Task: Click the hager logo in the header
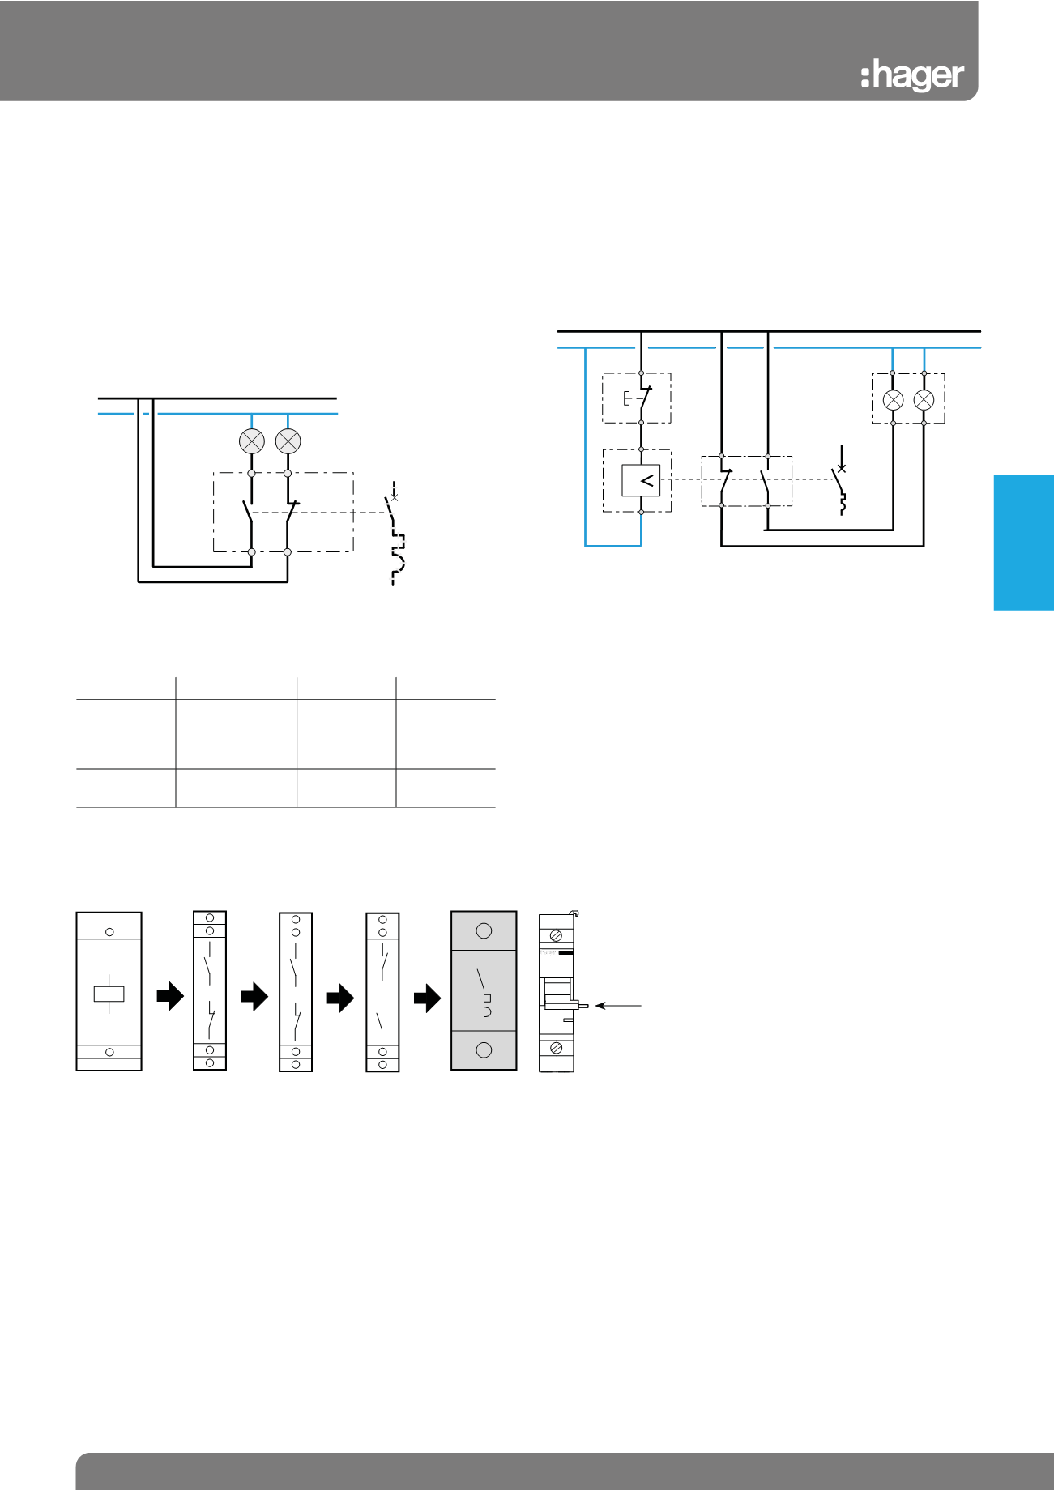(x=912, y=76)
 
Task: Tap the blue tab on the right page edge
(x=1024, y=543)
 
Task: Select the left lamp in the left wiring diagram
(x=252, y=441)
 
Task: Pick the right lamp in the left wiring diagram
(x=288, y=441)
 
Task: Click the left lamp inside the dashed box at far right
(x=893, y=399)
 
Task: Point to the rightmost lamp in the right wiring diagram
(x=924, y=399)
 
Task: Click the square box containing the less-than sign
(x=641, y=481)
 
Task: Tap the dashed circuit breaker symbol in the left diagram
(x=395, y=534)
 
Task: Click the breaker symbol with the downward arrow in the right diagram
(x=841, y=481)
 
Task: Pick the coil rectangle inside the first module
(x=109, y=993)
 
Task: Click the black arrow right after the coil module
(x=170, y=997)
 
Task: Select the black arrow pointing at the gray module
(x=427, y=998)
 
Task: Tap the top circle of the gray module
(x=484, y=930)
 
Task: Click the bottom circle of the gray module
(x=484, y=1050)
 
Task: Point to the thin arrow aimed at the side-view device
(x=618, y=1006)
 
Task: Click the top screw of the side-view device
(x=557, y=935)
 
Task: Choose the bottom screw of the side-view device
(x=557, y=1049)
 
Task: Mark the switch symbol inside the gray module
(x=485, y=990)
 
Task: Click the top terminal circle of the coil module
(x=109, y=932)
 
